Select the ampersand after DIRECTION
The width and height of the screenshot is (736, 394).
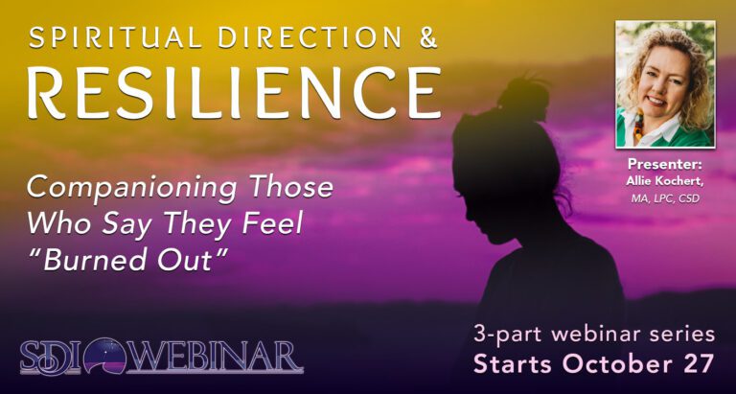427,37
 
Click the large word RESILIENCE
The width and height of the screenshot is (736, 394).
234,92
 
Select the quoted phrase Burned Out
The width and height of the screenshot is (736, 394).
132,260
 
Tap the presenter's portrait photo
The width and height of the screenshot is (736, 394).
665,84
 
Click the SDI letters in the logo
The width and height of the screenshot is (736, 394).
51,358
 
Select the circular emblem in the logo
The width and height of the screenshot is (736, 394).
105,358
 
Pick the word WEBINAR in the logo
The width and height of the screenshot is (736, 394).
215,358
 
